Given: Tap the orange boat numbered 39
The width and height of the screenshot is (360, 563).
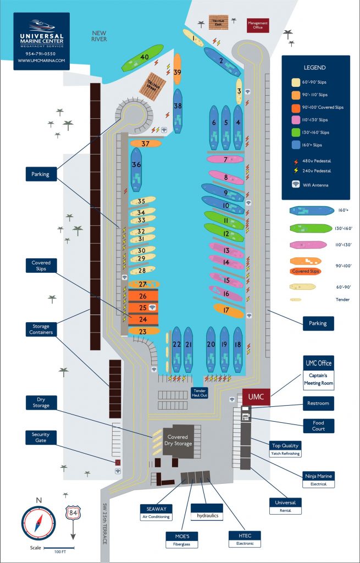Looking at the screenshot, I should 177,69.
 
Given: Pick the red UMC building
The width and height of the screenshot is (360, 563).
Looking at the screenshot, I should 256,396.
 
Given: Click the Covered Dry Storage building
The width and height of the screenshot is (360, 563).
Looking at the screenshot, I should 178,439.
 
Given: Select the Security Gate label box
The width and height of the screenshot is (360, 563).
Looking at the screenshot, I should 41,438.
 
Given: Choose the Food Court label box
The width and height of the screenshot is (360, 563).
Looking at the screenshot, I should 318,425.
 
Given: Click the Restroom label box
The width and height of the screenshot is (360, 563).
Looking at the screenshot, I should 318,404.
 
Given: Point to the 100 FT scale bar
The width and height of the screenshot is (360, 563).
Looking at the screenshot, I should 57,548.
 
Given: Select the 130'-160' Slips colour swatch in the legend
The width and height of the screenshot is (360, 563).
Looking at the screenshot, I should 296,133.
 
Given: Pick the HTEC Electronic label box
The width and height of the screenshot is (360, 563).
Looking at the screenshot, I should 245,538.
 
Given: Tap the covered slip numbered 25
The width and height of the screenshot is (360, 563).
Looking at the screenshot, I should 144,307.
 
